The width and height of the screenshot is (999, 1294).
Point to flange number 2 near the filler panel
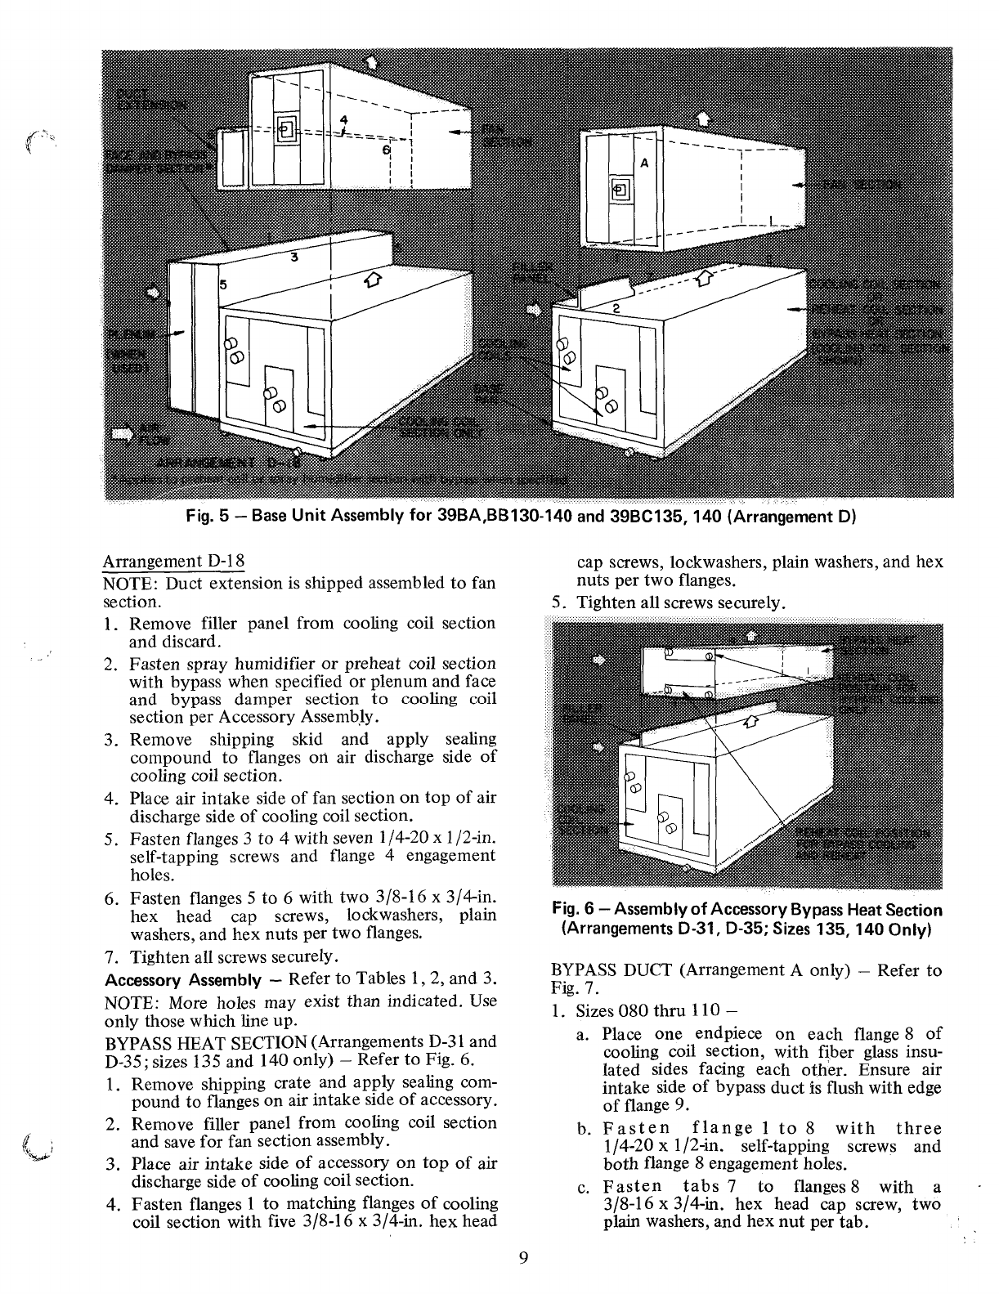point(616,308)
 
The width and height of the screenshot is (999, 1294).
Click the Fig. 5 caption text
point(515,517)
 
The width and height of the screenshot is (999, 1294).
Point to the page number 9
point(523,1257)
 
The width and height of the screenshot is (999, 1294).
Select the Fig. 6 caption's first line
point(747,910)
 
